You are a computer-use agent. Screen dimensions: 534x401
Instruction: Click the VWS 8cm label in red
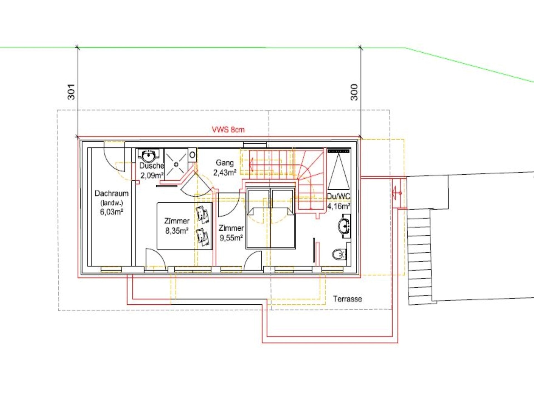click(x=228, y=129)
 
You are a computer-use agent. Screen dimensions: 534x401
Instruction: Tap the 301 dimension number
click(x=71, y=92)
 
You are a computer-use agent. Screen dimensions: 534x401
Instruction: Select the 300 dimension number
click(x=354, y=92)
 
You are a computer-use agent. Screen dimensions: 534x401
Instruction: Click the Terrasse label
click(x=347, y=299)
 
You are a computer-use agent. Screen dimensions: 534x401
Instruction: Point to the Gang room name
click(x=225, y=163)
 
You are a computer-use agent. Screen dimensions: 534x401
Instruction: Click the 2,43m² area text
click(x=225, y=173)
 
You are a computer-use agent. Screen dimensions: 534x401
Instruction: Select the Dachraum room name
click(x=112, y=193)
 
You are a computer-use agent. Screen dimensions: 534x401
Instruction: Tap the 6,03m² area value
click(x=112, y=212)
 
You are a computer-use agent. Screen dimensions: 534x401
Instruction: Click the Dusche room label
click(x=152, y=166)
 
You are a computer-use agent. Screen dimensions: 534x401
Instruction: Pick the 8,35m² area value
click(x=177, y=231)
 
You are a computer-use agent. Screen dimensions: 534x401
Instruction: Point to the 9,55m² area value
click(x=231, y=238)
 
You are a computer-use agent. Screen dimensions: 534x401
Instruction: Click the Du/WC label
click(x=338, y=196)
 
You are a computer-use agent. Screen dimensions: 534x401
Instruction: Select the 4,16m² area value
click(x=338, y=206)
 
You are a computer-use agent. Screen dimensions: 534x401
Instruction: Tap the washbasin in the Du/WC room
click(x=344, y=226)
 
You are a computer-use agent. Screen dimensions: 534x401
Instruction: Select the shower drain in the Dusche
click(x=176, y=165)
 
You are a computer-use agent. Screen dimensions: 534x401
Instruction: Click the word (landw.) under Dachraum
click(x=112, y=203)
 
